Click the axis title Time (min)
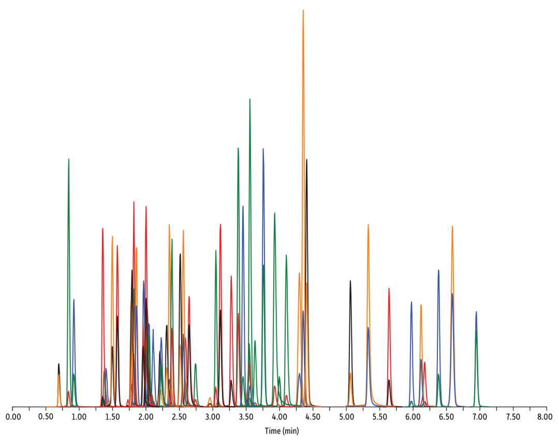click(x=282, y=431)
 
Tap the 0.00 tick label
click(x=13, y=416)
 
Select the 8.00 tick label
click(x=546, y=416)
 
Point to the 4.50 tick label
click(x=313, y=416)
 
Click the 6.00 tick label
click(x=413, y=416)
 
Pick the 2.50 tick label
click(x=180, y=416)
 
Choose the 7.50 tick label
click(x=512, y=416)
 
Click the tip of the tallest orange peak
click(x=303, y=10)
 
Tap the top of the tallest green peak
click(x=249, y=99)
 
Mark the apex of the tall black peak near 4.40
click(x=306, y=159)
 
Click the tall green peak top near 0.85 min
click(x=68, y=159)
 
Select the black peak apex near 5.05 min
click(x=350, y=280)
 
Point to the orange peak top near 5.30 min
click(x=368, y=225)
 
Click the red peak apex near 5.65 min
click(x=389, y=288)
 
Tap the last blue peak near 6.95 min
click(x=476, y=311)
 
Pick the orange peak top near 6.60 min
click(x=452, y=226)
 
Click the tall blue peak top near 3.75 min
click(x=263, y=149)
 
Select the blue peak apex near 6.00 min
click(x=411, y=302)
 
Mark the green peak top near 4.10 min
click(x=286, y=255)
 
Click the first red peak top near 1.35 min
click(x=102, y=228)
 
